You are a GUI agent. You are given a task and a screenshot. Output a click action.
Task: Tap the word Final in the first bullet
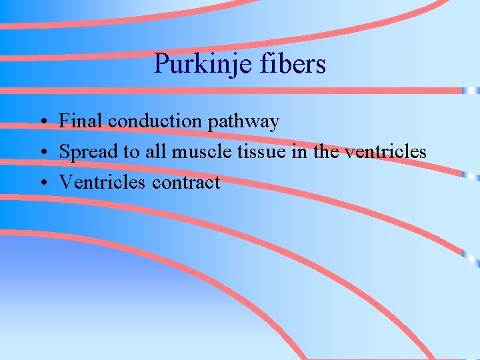[x=81, y=121]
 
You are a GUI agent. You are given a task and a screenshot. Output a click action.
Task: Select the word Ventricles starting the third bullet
[x=103, y=182]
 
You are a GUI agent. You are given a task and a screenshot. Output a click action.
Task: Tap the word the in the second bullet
[x=326, y=151]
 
